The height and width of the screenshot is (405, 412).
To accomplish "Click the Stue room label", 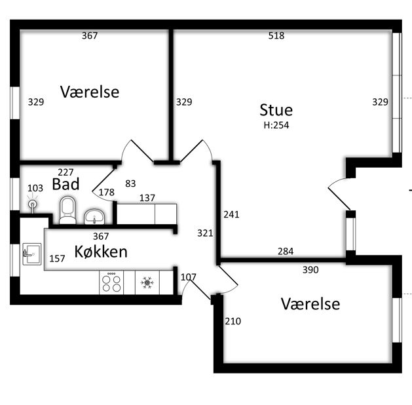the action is [276, 110].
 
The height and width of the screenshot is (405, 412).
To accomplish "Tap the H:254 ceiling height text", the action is [276, 125].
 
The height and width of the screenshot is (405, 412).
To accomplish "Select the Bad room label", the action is [66, 184].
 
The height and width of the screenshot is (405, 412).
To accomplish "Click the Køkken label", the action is [101, 252].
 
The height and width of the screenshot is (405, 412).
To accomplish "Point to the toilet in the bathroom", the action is [67, 210].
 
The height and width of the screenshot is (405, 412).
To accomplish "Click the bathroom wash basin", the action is [94, 216].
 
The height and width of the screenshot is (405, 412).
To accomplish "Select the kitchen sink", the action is [32, 254].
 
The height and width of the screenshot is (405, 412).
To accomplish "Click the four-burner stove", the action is [111, 282].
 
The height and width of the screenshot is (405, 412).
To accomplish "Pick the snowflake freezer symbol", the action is [147, 282].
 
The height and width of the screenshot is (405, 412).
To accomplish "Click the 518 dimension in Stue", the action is [276, 35].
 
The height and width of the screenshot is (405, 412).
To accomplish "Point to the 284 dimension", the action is [286, 252].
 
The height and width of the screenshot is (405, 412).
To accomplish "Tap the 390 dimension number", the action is [310, 269].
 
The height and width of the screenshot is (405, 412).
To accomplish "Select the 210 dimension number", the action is [233, 321].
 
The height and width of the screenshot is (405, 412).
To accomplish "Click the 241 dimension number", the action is [231, 214].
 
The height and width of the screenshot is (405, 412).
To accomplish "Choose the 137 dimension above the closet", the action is [147, 198].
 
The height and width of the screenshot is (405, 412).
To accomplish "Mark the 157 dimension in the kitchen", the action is [57, 259].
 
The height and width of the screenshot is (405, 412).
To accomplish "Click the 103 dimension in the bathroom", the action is [35, 188].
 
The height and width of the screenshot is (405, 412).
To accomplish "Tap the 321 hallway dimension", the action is [205, 233].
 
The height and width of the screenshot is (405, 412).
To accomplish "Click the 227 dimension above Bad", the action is [66, 172].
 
